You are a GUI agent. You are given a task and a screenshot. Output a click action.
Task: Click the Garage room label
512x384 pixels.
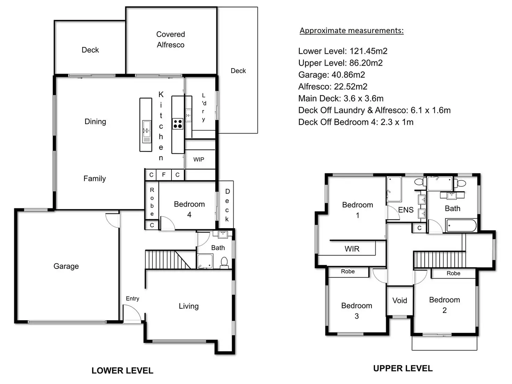66,266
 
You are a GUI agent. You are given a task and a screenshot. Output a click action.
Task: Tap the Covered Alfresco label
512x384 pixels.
170,39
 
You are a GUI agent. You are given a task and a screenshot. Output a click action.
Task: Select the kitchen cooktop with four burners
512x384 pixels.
178,123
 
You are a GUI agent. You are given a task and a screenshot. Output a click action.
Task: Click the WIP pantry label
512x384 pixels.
199,159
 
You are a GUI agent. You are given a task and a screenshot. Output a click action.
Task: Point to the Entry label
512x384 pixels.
133,298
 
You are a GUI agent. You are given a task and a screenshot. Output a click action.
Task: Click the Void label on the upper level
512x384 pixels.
400,300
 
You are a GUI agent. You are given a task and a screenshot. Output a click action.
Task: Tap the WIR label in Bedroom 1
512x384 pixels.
352,249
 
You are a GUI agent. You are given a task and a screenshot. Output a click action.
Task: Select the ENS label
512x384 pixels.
406,210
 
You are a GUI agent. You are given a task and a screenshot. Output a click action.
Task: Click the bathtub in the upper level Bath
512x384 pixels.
461,225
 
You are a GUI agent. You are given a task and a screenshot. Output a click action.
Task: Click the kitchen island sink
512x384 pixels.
146,128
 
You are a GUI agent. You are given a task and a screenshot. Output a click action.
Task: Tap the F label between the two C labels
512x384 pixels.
164,175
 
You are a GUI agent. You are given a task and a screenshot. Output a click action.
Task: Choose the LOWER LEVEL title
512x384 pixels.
122,370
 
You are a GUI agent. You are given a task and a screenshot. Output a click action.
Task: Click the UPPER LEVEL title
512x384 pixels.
403,368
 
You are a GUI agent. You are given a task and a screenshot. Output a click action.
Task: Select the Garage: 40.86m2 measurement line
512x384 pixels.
331,75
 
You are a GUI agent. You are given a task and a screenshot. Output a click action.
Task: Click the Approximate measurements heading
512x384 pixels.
352,31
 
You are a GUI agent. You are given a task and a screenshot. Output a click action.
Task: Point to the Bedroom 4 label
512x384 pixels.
189,209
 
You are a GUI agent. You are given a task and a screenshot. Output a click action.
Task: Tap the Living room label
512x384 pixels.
189,306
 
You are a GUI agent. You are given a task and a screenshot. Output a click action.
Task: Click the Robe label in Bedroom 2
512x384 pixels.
453,273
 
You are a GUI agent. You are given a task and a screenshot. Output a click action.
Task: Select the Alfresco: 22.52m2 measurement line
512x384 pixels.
333,87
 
